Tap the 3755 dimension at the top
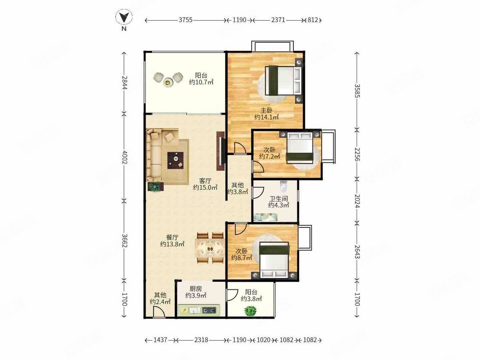coord(185,20)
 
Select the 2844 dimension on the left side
coord(124,83)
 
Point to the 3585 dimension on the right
coord(357,91)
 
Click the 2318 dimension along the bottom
coord(202,340)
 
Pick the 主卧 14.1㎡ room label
coord(266,114)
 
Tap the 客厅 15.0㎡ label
coord(205,184)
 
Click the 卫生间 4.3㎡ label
coord(278,202)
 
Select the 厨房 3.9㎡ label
coord(196,292)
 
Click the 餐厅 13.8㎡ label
coord(172,241)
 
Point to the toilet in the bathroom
coord(284,186)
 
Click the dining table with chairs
coord(210,248)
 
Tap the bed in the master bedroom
coord(283,81)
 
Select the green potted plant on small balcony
coord(251,312)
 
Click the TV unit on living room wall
coord(220,151)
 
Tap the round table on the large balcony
coord(167,82)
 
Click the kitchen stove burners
coord(209,311)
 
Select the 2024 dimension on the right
coord(357,201)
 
